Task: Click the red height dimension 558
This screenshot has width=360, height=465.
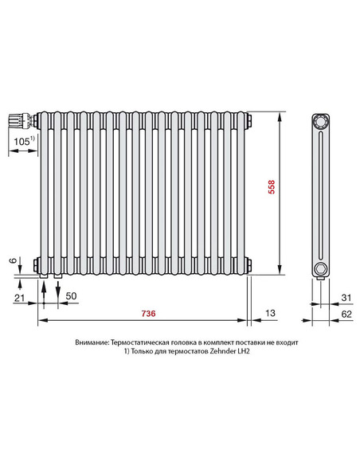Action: [272, 189]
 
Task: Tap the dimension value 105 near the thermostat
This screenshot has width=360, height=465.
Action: [22, 141]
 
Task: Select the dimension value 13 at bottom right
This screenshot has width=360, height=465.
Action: [271, 315]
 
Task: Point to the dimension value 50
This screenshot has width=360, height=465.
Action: [70, 296]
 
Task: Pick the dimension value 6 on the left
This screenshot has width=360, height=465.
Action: [12, 260]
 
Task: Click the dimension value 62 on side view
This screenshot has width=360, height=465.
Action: [345, 315]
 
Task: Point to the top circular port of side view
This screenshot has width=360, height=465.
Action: [320, 122]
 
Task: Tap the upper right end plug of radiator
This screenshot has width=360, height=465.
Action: [250, 121]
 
